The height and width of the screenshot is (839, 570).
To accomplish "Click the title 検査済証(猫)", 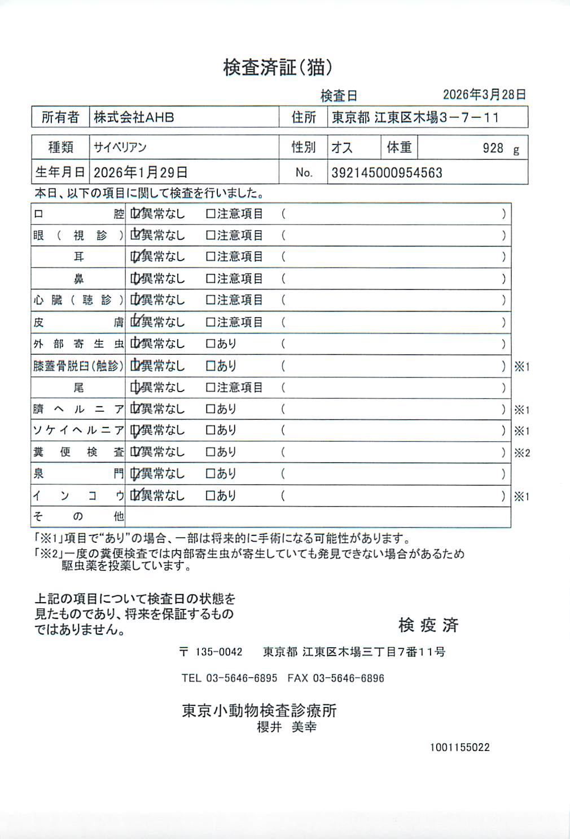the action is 278,68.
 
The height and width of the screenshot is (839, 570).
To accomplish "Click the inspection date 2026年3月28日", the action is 484,94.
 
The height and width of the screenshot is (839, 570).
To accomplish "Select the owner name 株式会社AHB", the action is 134,117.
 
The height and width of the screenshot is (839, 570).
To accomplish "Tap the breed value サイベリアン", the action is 120,148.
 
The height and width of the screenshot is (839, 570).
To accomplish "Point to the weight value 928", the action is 493,148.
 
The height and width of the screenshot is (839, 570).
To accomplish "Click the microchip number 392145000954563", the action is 387,173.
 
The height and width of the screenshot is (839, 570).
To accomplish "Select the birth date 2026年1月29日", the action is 141,172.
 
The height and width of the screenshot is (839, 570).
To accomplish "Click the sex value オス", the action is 342,148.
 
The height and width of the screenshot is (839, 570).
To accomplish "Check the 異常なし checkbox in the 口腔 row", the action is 135,214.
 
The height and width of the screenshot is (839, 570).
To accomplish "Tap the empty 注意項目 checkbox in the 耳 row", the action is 211,257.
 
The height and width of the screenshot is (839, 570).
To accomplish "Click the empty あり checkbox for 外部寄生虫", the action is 211,344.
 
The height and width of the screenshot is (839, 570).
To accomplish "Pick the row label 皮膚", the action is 78,322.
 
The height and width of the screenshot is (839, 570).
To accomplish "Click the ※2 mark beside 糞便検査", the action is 522,453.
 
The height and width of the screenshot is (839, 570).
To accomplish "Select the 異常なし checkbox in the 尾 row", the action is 135,388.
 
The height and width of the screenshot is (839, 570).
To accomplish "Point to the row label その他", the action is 78,516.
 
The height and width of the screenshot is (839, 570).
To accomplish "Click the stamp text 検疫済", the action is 428,625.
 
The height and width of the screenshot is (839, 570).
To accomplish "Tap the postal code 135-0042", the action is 219,652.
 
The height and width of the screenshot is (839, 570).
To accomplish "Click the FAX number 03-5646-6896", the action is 348,678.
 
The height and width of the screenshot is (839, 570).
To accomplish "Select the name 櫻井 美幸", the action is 287,727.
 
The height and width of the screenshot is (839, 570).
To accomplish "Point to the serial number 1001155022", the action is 459,748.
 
